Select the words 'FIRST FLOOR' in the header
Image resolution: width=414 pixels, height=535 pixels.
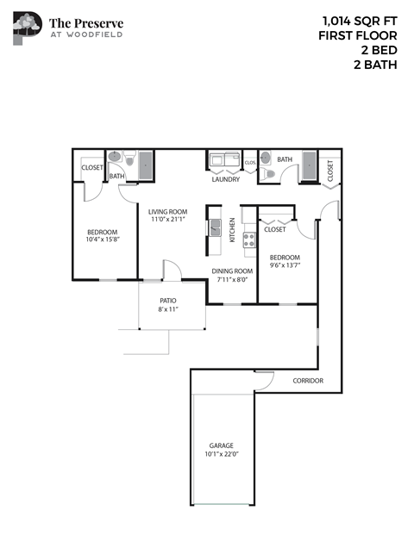point(357,35)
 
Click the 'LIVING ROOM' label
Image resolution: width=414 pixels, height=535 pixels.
point(167,211)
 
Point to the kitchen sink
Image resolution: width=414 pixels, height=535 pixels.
point(214,228)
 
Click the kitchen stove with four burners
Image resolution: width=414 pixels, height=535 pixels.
point(249,240)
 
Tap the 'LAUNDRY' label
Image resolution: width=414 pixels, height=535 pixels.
point(225,180)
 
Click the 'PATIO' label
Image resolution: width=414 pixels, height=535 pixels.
point(168,301)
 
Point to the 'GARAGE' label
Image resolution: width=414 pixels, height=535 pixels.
point(221,445)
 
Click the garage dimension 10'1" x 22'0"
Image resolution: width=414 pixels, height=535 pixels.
point(221,454)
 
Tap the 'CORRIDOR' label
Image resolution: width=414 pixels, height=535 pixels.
point(308,380)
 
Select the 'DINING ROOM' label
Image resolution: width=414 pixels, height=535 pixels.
point(230,271)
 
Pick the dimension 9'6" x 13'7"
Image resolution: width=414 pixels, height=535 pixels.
point(285,266)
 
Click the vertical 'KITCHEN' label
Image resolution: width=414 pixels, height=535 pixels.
point(232,231)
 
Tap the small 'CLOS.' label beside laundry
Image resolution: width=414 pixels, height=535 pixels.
point(250,162)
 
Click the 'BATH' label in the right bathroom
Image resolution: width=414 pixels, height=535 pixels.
point(285,159)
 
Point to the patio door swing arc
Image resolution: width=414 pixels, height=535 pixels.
point(172,271)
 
